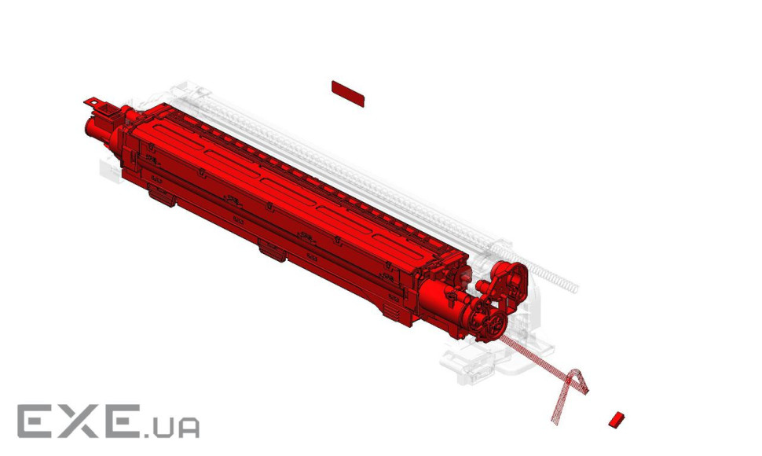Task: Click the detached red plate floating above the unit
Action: [x=348, y=94]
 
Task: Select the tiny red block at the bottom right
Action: [x=617, y=420]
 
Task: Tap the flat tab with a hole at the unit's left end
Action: [x=93, y=102]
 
